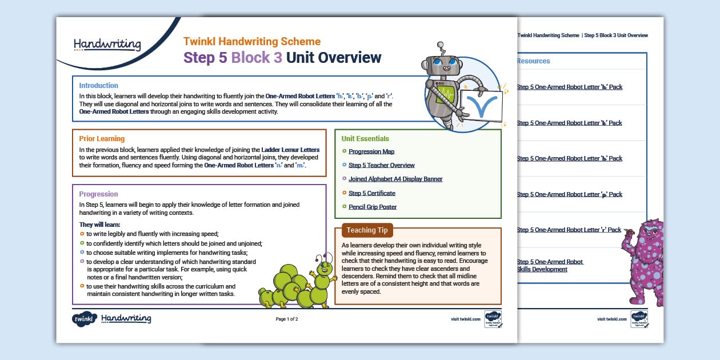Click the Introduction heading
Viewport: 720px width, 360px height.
pyautogui.click(x=99, y=86)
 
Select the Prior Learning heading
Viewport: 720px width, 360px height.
pyautogui.click(x=102, y=139)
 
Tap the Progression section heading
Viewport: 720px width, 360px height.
pyautogui.click(x=98, y=194)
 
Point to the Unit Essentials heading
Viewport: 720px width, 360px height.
pyautogui.click(x=365, y=139)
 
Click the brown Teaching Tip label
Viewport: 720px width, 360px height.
pyautogui.click(x=367, y=230)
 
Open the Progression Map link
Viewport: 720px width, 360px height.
pyautogui.click(x=371, y=151)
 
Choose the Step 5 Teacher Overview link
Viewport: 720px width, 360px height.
pyautogui.click(x=381, y=165)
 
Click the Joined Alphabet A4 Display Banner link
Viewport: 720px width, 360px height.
pyautogui.click(x=395, y=179)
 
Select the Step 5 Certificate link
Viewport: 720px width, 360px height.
pyautogui.click(x=372, y=193)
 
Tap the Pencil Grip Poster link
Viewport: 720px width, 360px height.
pyautogui.click(x=373, y=207)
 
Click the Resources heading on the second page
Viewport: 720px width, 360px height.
pyautogui.click(x=533, y=61)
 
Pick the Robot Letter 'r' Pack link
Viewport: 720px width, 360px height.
pyautogui.click(x=569, y=230)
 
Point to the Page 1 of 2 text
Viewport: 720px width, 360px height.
pyautogui.click(x=287, y=319)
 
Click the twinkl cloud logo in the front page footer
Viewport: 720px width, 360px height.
pyautogui.click(x=84, y=319)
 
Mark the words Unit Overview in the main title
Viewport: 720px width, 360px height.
pyautogui.click(x=334, y=58)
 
